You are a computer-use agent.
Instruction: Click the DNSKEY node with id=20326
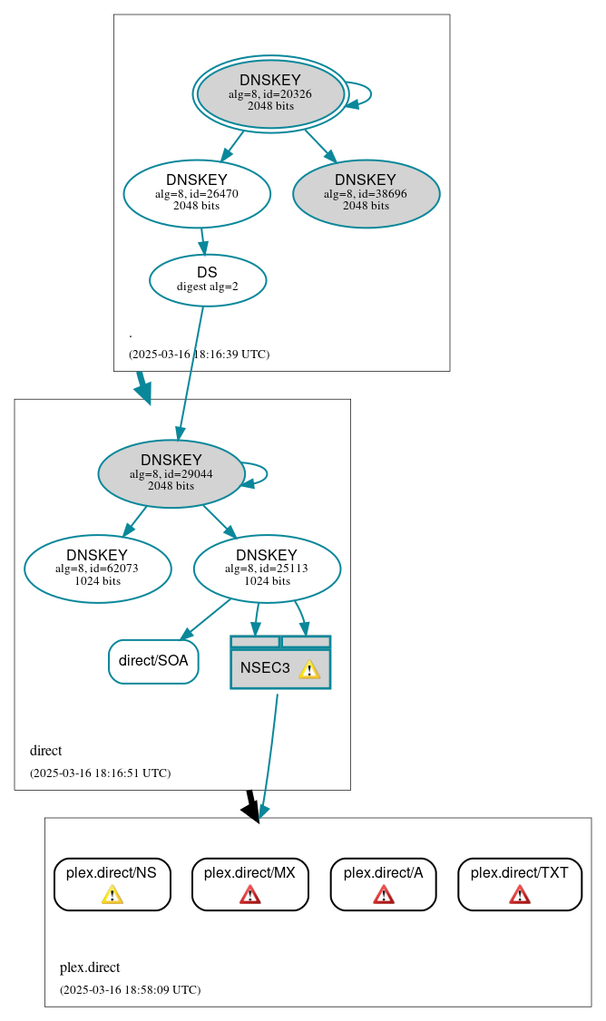[x=270, y=93]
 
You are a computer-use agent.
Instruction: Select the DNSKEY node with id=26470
[x=197, y=193]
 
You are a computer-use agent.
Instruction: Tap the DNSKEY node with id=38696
[x=366, y=193]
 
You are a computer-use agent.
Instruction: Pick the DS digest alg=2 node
[x=207, y=280]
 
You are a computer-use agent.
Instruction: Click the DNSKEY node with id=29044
[x=171, y=473]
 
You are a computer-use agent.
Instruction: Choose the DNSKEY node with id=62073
[x=97, y=569]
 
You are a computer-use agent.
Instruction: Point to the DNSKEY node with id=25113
[x=267, y=569]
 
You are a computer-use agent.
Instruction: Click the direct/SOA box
[x=153, y=661]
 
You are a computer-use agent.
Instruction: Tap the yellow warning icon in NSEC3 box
[x=309, y=669]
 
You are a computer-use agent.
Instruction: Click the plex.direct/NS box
[x=112, y=883]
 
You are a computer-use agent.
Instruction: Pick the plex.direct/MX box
[x=249, y=883]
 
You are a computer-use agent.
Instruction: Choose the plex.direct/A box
[x=383, y=883]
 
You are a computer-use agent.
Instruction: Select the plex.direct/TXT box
[x=519, y=883]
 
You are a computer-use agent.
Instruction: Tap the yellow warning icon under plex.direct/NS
[x=112, y=895]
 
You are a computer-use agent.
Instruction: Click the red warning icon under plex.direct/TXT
[x=519, y=895]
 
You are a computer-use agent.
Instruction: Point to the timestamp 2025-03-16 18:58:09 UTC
[x=130, y=989]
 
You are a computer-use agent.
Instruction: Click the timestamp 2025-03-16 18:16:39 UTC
[x=199, y=354]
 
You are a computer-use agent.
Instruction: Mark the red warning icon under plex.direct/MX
[x=249, y=895]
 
